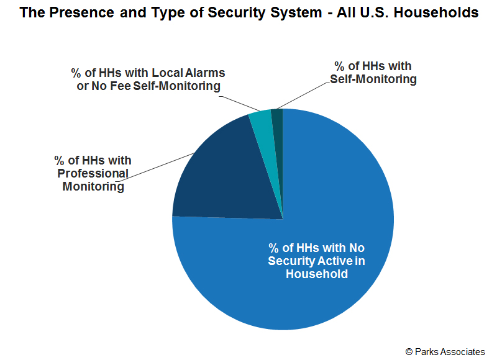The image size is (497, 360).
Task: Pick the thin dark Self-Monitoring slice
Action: [278, 133]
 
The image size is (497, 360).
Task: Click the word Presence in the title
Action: [81, 12]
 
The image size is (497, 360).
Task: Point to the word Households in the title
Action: [436, 12]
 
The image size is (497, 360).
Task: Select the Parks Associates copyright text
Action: [445, 352]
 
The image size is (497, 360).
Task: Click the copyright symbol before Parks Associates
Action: [409, 352]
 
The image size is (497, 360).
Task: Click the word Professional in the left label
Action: [93, 173]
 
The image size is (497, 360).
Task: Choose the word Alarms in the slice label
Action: [205, 73]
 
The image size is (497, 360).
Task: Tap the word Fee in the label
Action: [121, 86]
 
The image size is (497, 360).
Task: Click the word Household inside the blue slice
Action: [317, 274]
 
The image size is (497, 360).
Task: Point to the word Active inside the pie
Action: [334, 261]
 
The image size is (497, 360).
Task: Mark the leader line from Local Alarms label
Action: [239, 103]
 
